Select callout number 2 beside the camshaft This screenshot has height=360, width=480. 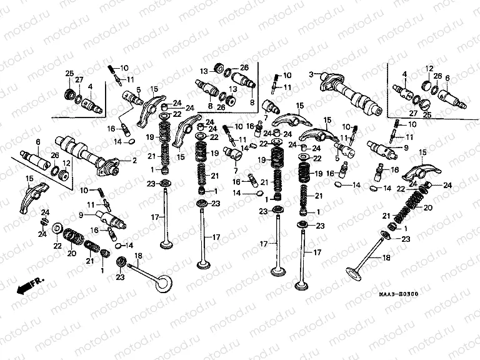click(x=133, y=161)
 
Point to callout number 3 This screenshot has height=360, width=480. click(x=309, y=75)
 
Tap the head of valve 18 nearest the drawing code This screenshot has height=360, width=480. click(x=357, y=274)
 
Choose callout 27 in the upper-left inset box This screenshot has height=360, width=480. click(x=79, y=80)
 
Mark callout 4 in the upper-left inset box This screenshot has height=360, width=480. click(x=90, y=86)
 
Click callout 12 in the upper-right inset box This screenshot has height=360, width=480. click(x=429, y=68)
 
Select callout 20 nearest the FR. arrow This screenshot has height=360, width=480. click(x=70, y=253)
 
